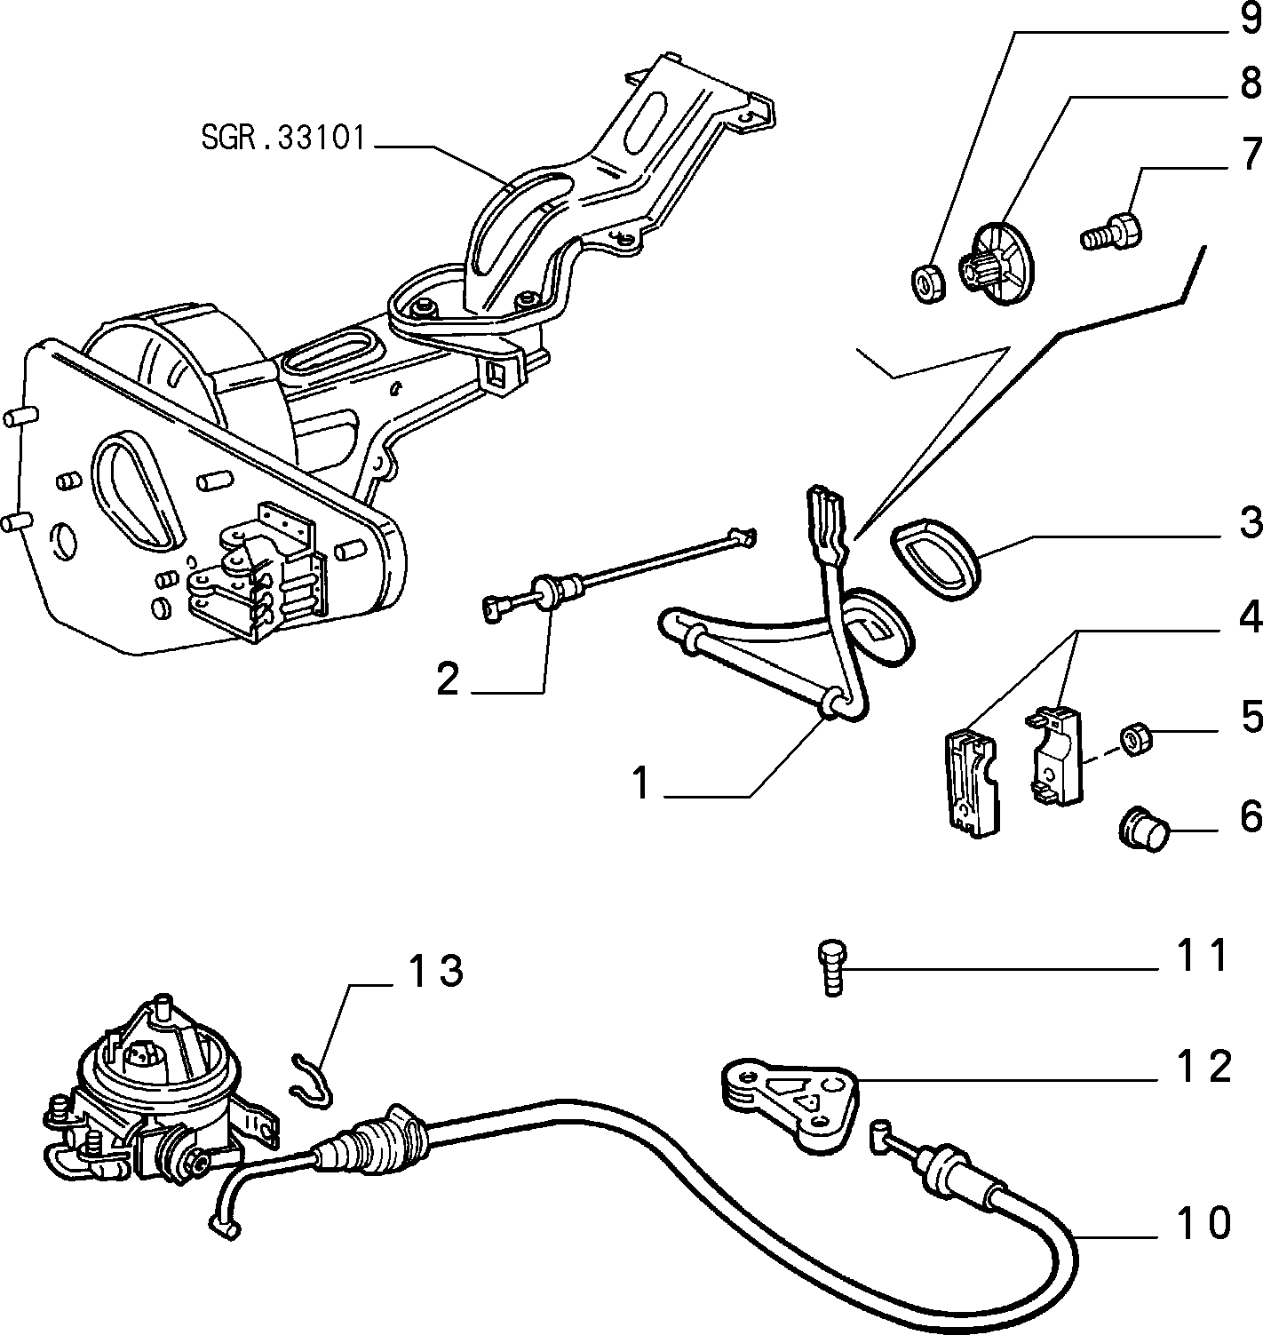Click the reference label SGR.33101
(x=283, y=138)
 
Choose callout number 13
(x=435, y=970)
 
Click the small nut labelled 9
(x=927, y=283)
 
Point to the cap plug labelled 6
(x=1143, y=829)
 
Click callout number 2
(x=448, y=678)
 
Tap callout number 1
(x=641, y=783)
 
